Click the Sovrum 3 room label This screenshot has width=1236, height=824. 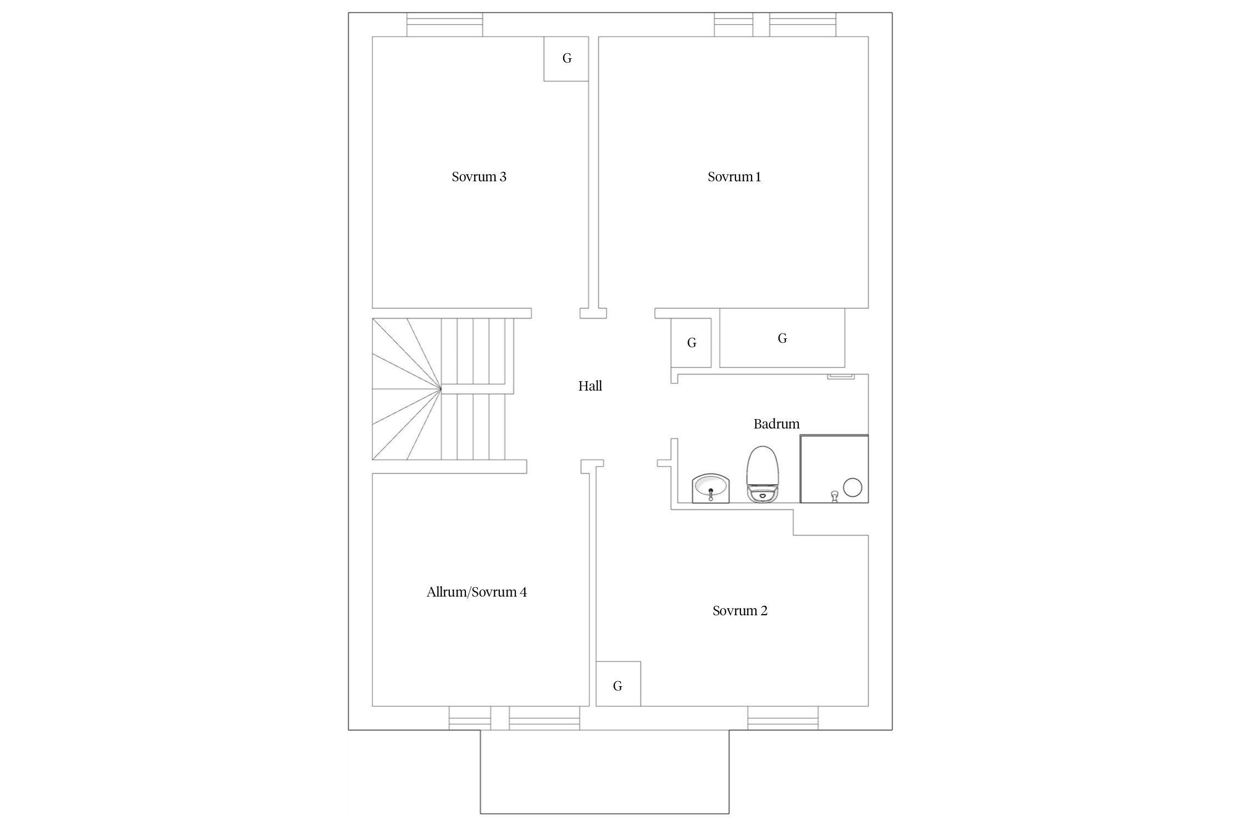click(478, 177)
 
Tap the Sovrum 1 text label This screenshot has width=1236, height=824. click(734, 177)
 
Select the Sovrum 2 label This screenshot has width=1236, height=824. click(740, 611)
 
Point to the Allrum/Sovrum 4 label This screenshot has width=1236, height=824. click(476, 592)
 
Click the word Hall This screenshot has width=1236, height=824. click(590, 386)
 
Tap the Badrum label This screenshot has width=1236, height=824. click(776, 424)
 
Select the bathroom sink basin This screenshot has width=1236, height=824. click(711, 488)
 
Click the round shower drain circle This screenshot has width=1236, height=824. click(852, 487)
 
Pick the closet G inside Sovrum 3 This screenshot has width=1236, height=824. click(566, 59)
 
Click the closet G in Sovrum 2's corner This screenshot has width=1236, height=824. click(618, 684)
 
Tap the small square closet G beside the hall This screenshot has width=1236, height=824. click(691, 343)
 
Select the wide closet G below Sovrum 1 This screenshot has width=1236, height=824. click(782, 338)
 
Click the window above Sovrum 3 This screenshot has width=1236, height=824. click(444, 25)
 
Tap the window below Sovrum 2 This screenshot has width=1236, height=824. click(783, 718)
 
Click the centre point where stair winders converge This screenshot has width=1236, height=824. click(441, 389)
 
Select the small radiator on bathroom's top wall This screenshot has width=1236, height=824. click(840, 376)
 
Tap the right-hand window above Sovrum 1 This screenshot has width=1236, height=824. click(803, 25)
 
